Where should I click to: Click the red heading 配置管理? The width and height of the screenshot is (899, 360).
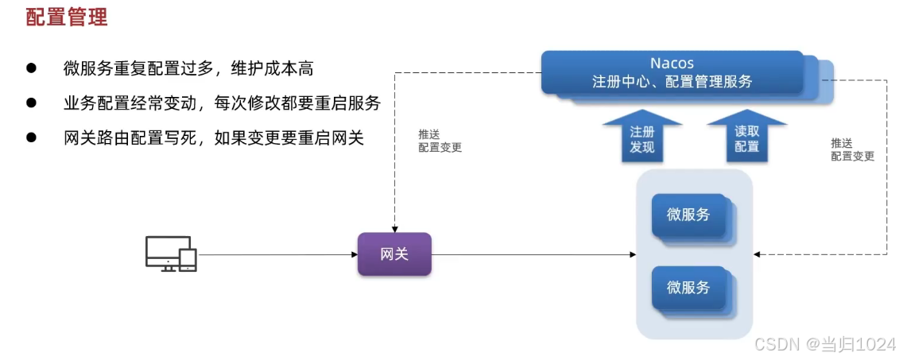coord(67,17)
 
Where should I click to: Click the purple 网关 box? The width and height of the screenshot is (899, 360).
coord(394,254)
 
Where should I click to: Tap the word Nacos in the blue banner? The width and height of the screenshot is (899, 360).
coord(672,64)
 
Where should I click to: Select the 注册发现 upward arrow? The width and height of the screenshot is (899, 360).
coord(642,139)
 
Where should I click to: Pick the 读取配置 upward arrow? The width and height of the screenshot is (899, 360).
coord(746,139)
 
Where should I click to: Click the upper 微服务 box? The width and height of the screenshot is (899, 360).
coord(688,215)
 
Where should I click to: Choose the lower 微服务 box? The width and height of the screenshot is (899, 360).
coord(688,288)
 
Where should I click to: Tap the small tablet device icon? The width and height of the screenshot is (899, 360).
coord(188,260)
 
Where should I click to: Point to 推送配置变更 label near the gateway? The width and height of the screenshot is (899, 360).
coord(440,141)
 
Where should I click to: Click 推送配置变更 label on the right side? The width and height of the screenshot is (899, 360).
coord(852,149)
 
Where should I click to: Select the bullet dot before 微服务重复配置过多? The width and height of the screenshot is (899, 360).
coord(32,68)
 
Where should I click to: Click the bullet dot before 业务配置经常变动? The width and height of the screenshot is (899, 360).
coord(32,103)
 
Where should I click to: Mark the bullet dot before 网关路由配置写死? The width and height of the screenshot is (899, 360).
coord(32,137)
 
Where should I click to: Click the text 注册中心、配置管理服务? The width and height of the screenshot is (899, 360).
coord(672,82)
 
